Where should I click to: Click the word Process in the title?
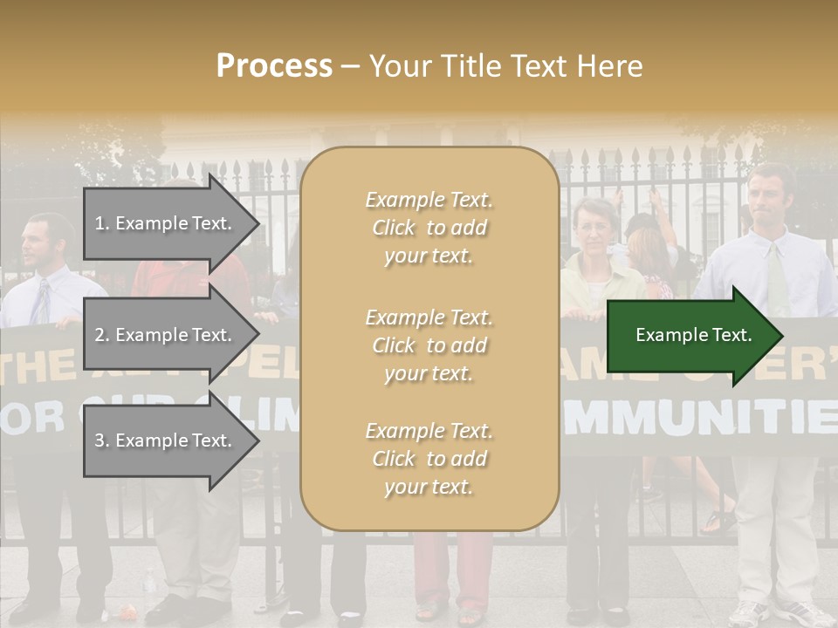point(274,66)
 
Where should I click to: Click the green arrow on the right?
point(694,335)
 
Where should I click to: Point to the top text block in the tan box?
point(429,228)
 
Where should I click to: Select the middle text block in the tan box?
point(429,345)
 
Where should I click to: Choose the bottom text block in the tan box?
point(429,459)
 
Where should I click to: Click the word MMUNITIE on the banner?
point(698,418)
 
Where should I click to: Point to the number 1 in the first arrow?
point(99,223)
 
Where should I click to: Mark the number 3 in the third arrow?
point(99,441)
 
